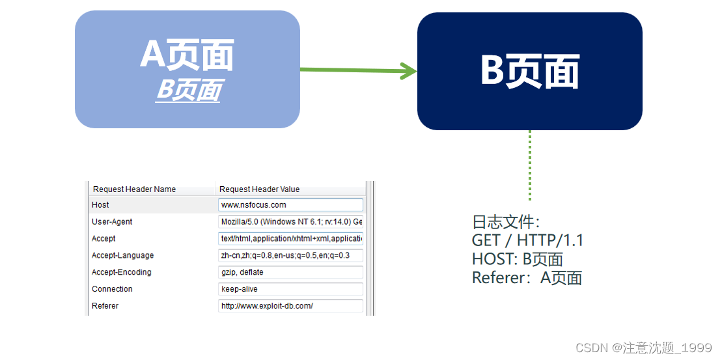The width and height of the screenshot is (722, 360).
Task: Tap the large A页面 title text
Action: [x=187, y=55]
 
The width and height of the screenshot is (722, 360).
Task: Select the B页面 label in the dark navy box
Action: [x=529, y=70]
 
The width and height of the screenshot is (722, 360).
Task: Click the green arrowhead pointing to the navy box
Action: [x=408, y=71]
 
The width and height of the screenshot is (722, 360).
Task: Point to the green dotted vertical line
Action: [x=530, y=165]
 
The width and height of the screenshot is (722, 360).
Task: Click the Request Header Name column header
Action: [x=134, y=189]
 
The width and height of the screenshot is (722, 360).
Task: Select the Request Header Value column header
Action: [x=259, y=189]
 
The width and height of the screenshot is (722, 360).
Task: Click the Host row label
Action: [x=101, y=205]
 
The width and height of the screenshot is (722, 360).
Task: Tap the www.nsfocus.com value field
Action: [x=290, y=205]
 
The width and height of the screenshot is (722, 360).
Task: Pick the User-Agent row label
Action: [x=112, y=222]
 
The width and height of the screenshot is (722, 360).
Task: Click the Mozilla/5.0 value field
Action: [x=290, y=222]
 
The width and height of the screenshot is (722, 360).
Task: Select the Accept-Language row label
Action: [x=123, y=256]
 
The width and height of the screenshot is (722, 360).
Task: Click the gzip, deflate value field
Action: [x=290, y=272]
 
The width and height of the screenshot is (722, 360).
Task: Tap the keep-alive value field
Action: [x=290, y=289]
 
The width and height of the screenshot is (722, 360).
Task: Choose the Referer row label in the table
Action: [x=105, y=306]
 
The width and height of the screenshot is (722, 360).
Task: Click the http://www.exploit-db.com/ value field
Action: [x=290, y=306]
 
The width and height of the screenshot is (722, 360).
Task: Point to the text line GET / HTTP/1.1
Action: [x=527, y=241]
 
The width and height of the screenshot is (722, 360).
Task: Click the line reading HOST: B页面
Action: [x=517, y=260]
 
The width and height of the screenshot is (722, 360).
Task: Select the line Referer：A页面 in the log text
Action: [x=527, y=279]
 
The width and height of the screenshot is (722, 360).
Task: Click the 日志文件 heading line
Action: [x=506, y=222]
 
